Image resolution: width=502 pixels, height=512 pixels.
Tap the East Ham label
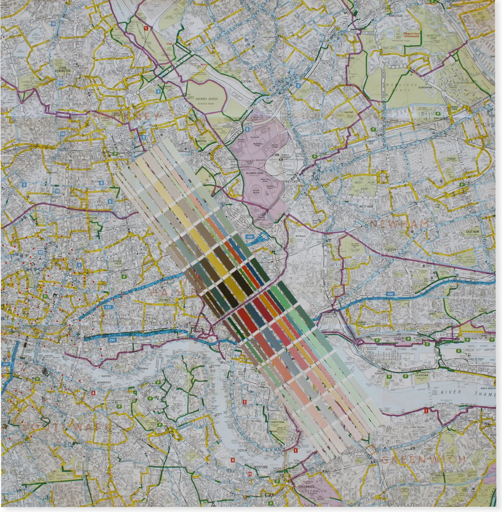click(x=473, y=231)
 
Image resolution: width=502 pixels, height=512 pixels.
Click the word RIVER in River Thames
click(x=450, y=392)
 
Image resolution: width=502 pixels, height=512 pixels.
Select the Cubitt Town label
click(x=277, y=422)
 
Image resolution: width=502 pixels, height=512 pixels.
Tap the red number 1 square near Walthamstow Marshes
click(x=146, y=29)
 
